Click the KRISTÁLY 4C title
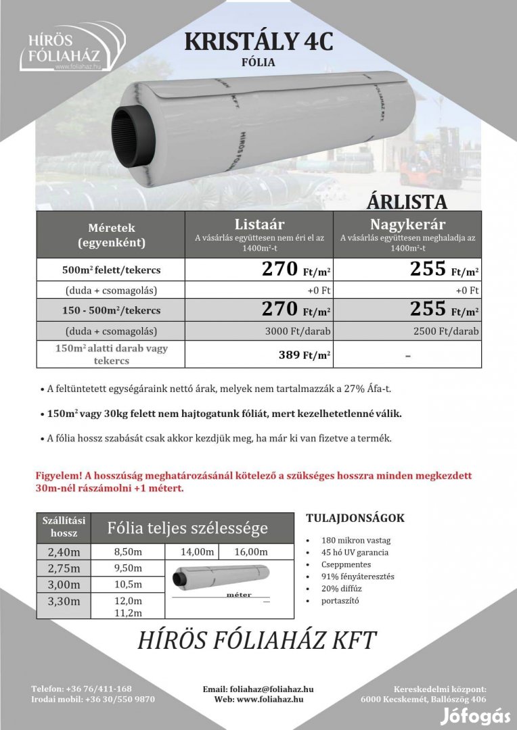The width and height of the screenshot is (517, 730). click(259, 41)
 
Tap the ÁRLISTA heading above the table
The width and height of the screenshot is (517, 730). click(407, 202)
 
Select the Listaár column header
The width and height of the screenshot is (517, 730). click(259, 224)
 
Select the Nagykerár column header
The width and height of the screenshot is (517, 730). click(407, 224)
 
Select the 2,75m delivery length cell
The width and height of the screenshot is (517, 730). click(64, 568)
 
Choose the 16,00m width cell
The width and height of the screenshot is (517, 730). click(251, 552)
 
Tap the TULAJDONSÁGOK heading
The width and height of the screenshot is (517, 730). click(355, 518)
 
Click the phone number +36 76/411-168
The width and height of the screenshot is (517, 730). click(99, 689)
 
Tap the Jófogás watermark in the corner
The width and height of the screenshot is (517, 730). click(475, 714)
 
